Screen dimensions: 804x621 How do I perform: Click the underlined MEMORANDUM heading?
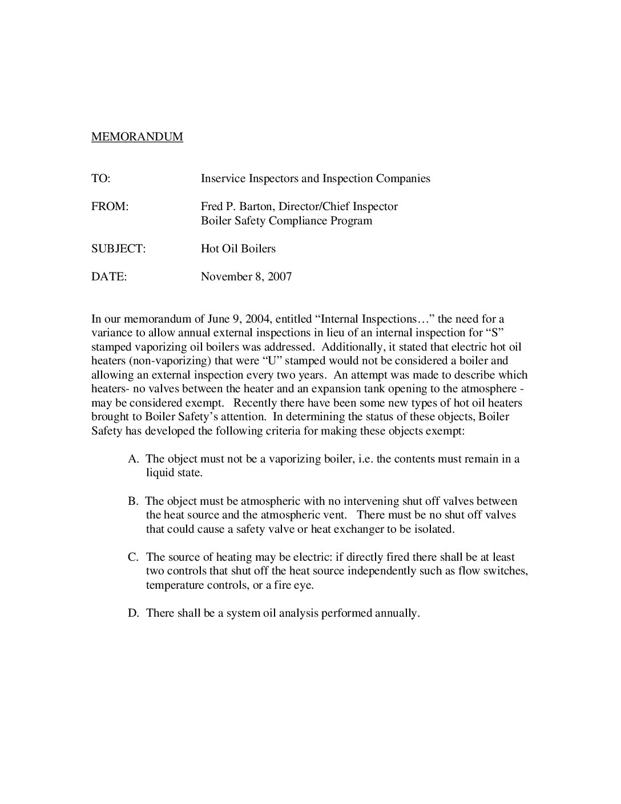pos(137,137)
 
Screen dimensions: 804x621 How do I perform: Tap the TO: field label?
pos(100,179)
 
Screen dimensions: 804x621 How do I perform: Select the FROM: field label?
pos(110,207)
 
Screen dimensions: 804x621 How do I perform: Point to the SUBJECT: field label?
pos(118,249)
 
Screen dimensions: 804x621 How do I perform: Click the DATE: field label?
pos(109,277)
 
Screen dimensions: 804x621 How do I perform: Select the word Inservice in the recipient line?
pos(223,179)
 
